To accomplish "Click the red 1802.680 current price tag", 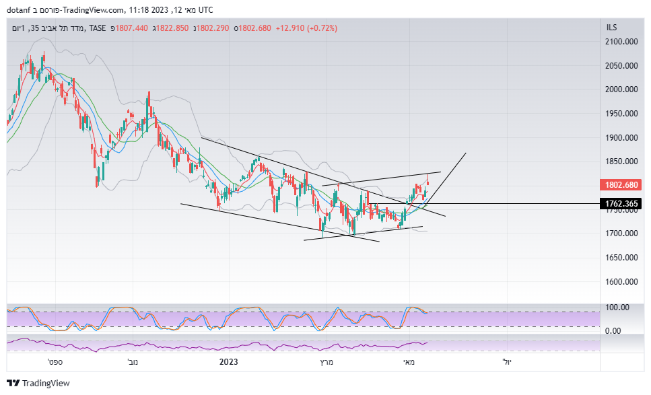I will tap(622, 184).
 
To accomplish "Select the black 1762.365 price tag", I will tap(622, 203).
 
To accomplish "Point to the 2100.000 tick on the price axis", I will tap(621, 42).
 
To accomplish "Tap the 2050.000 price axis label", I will tap(621, 66).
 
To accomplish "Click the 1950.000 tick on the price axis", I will tap(621, 114).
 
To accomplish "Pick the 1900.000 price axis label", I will tap(621, 138).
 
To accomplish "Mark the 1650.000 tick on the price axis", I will tap(621, 258).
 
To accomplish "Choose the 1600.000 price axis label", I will tap(621, 282).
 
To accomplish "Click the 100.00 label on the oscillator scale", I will tap(617, 308).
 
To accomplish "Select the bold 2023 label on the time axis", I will tap(229, 362).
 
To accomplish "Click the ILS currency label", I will tap(611, 28).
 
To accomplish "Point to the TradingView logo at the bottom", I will tap(38, 383).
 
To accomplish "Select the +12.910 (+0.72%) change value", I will tap(306, 28).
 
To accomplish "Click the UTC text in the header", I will tap(205, 9).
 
